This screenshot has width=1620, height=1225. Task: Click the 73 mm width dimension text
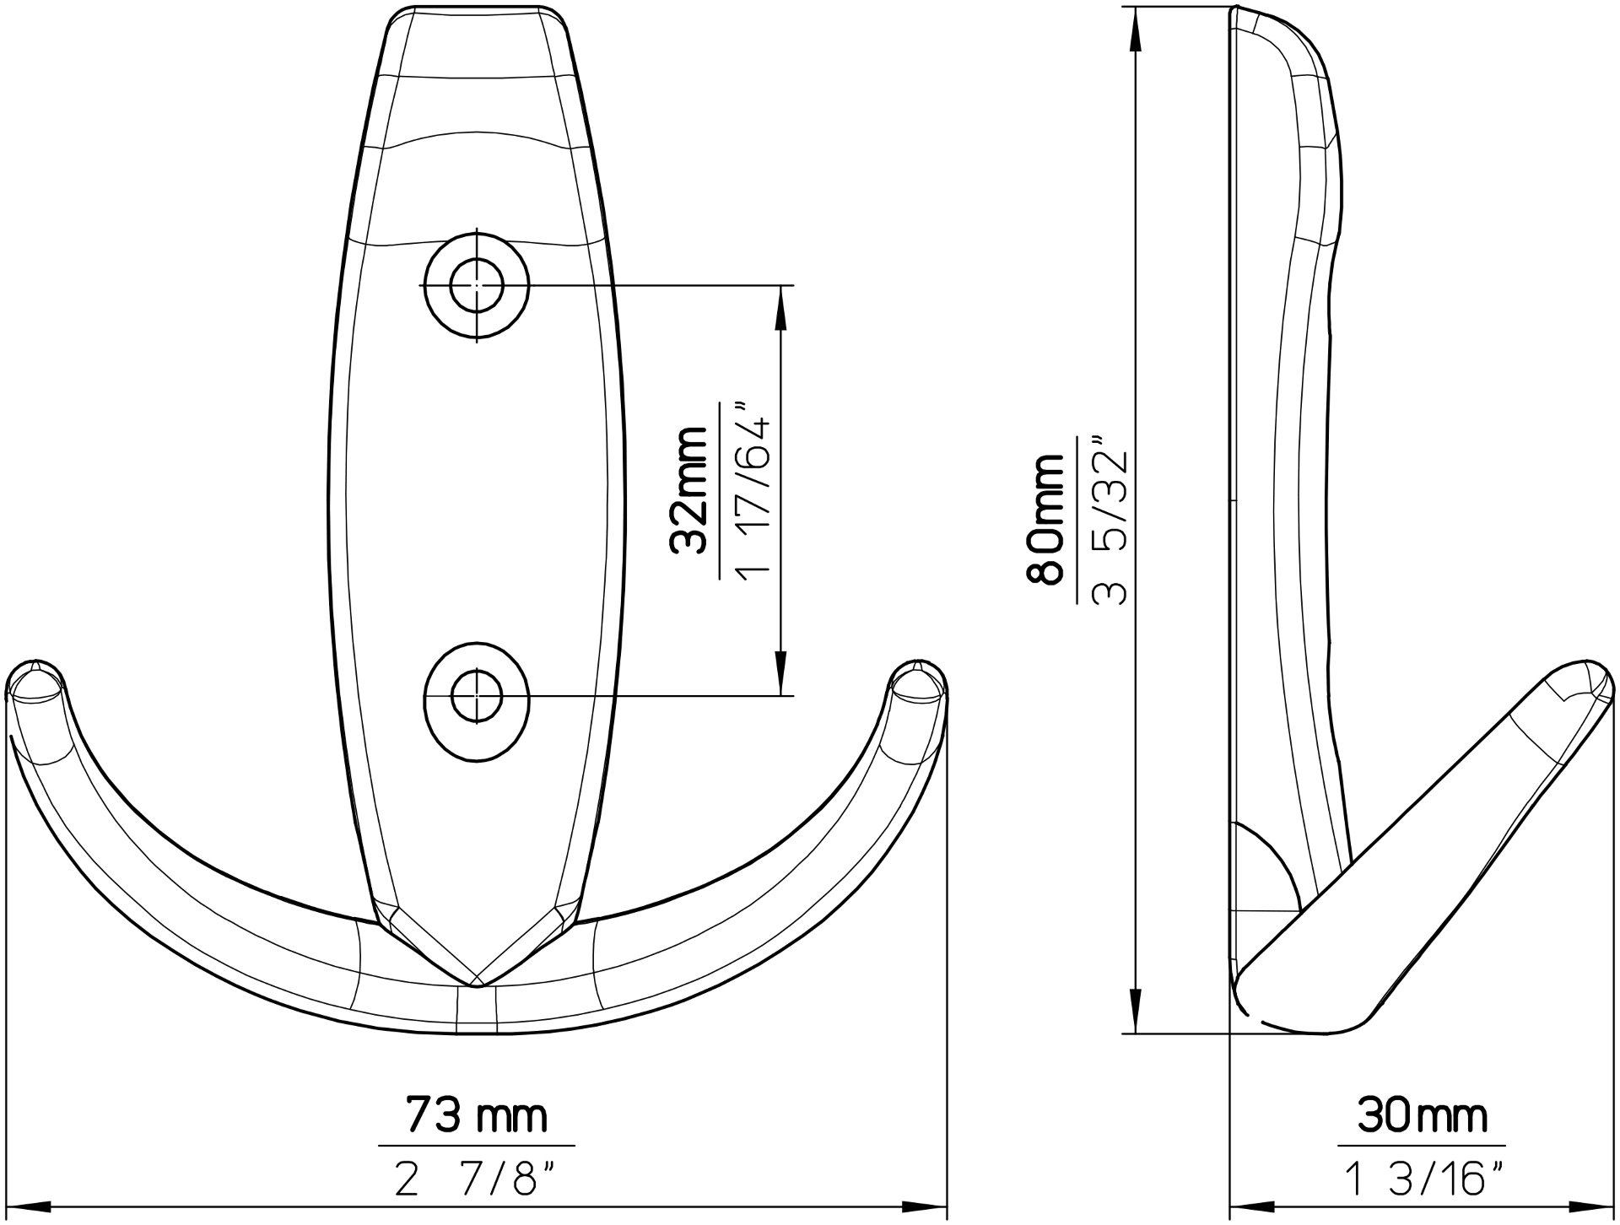pos(477,1116)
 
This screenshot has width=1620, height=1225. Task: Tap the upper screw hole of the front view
pos(477,286)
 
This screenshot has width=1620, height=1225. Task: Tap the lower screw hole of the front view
pos(477,696)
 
